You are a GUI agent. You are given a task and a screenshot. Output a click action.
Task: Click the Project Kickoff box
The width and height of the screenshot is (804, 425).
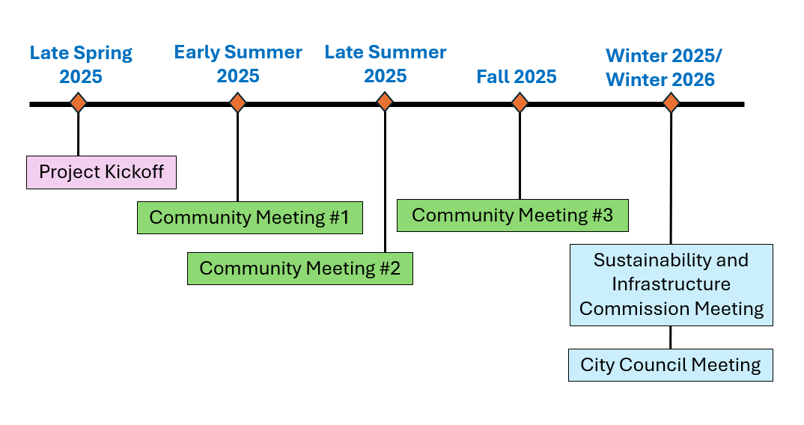[x=101, y=172]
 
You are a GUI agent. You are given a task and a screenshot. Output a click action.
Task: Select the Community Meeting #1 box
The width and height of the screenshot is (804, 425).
[x=249, y=218]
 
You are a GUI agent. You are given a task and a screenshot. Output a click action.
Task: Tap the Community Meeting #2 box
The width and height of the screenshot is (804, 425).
[x=299, y=269]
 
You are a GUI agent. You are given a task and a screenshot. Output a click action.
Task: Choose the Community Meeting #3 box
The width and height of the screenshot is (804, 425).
[x=512, y=215]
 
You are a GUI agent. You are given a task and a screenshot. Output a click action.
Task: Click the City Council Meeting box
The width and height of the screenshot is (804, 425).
[x=670, y=365]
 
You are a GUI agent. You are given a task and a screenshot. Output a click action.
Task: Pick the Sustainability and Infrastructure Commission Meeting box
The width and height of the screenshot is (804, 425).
[x=671, y=284]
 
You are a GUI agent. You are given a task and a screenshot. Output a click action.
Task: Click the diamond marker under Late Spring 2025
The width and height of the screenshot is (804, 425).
[x=78, y=103]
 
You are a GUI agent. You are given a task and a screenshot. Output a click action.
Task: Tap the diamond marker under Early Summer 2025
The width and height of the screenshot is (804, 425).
[x=237, y=103]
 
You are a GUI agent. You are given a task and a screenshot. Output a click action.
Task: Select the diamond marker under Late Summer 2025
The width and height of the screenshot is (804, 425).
[x=385, y=102]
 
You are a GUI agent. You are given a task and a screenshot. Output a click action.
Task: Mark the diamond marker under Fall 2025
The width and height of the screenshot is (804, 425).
[x=520, y=103]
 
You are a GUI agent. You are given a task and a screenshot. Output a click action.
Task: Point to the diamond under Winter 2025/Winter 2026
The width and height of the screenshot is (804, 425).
[x=671, y=103]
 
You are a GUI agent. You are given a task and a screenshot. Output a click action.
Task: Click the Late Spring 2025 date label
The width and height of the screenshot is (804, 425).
[x=81, y=64]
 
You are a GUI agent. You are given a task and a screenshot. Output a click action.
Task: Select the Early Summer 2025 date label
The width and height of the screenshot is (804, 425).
[x=238, y=64]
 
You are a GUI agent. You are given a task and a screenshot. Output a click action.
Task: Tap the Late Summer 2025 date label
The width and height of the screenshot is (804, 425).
[x=386, y=64]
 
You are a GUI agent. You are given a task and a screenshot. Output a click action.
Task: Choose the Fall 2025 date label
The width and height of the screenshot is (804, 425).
[x=517, y=76]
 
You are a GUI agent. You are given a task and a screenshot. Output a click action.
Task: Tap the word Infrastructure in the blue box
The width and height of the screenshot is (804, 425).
[x=671, y=284]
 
